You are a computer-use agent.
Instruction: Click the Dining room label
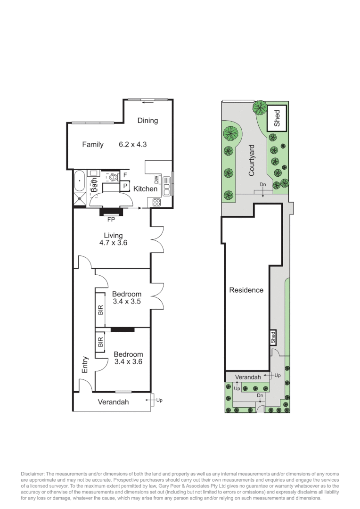point(147,121)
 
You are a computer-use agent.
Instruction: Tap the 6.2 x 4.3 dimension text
point(132,145)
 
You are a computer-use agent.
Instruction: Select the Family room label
point(93,145)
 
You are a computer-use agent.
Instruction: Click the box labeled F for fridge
point(125,175)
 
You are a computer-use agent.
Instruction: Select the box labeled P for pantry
point(125,186)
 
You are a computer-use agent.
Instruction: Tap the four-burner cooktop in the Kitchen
point(157,203)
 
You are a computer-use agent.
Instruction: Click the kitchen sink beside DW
point(167,185)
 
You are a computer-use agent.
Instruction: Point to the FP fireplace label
point(111,219)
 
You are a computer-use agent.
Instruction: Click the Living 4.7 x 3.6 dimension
point(113,243)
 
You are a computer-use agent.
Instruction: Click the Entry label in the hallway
point(85,364)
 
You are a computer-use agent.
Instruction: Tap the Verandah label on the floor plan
point(113,402)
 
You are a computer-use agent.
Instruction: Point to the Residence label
point(246,290)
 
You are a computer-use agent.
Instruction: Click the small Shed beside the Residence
point(273,337)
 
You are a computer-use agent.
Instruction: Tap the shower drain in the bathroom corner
point(80,199)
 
